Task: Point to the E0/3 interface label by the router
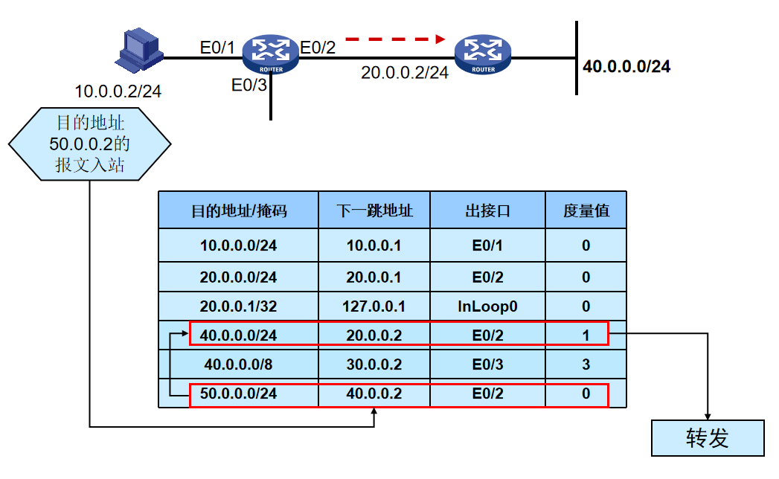[x=249, y=85]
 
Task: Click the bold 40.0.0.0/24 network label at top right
[x=626, y=66]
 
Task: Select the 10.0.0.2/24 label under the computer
[x=118, y=91]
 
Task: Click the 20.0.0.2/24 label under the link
[x=405, y=72]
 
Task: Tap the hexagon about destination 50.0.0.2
[x=90, y=144]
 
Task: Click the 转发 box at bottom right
[x=708, y=438]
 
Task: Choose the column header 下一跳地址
[x=374, y=210]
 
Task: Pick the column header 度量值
[x=586, y=210]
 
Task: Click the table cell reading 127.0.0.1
[x=374, y=306]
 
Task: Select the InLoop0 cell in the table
[x=487, y=306]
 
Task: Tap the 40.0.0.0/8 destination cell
[x=238, y=364]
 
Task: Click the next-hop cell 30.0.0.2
[x=374, y=364]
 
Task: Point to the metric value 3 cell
[x=586, y=364]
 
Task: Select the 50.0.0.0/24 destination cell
[x=238, y=393]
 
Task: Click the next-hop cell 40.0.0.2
[x=374, y=393]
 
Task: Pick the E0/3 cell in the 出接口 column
[x=487, y=364]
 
